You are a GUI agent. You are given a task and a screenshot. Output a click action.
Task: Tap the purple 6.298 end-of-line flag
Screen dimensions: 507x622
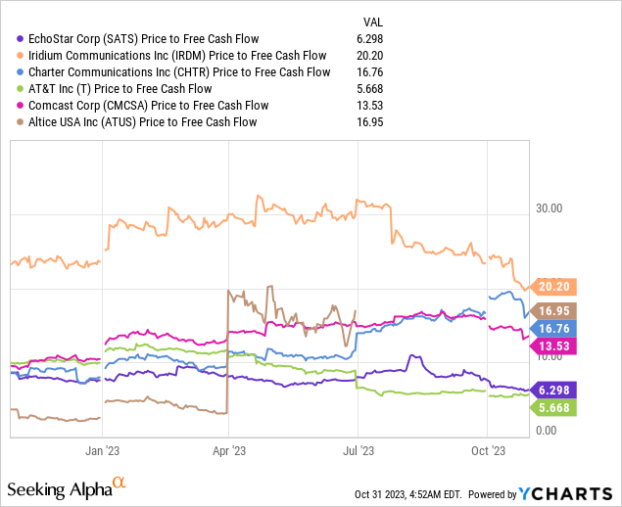[556, 390]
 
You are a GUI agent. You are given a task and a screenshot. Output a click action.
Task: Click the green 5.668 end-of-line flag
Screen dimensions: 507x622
[556, 407]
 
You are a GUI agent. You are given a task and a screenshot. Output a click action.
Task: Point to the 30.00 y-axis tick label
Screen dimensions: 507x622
[550, 208]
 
